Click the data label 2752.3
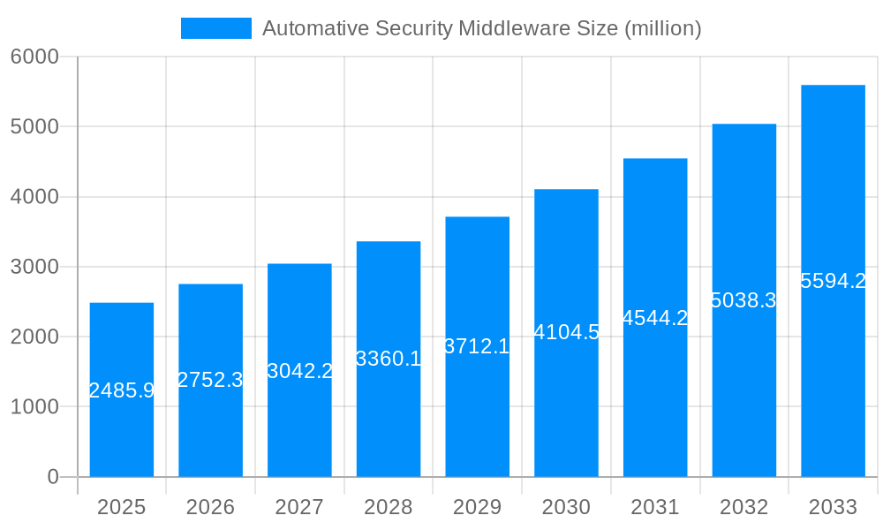coord(210,380)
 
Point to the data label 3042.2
coord(299,371)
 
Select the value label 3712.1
coord(477,346)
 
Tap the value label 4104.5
coord(566,333)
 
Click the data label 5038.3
coord(743,300)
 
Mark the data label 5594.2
coord(833,281)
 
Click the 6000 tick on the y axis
coord(34,57)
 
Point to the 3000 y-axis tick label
coord(34,267)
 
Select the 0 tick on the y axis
coord(52,477)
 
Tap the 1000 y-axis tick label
coord(34,407)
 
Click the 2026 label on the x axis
coord(210,507)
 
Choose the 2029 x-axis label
coord(477,507)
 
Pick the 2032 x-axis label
coord(743,507)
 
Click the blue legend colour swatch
coord(216,28)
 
